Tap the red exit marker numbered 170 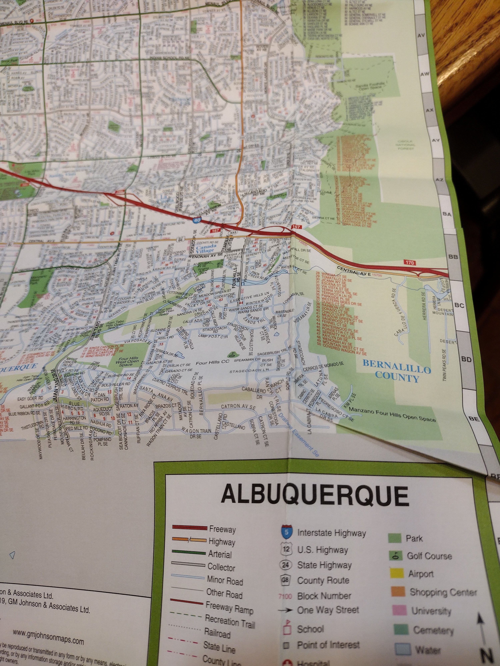(410, 263)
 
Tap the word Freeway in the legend (222, 529)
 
